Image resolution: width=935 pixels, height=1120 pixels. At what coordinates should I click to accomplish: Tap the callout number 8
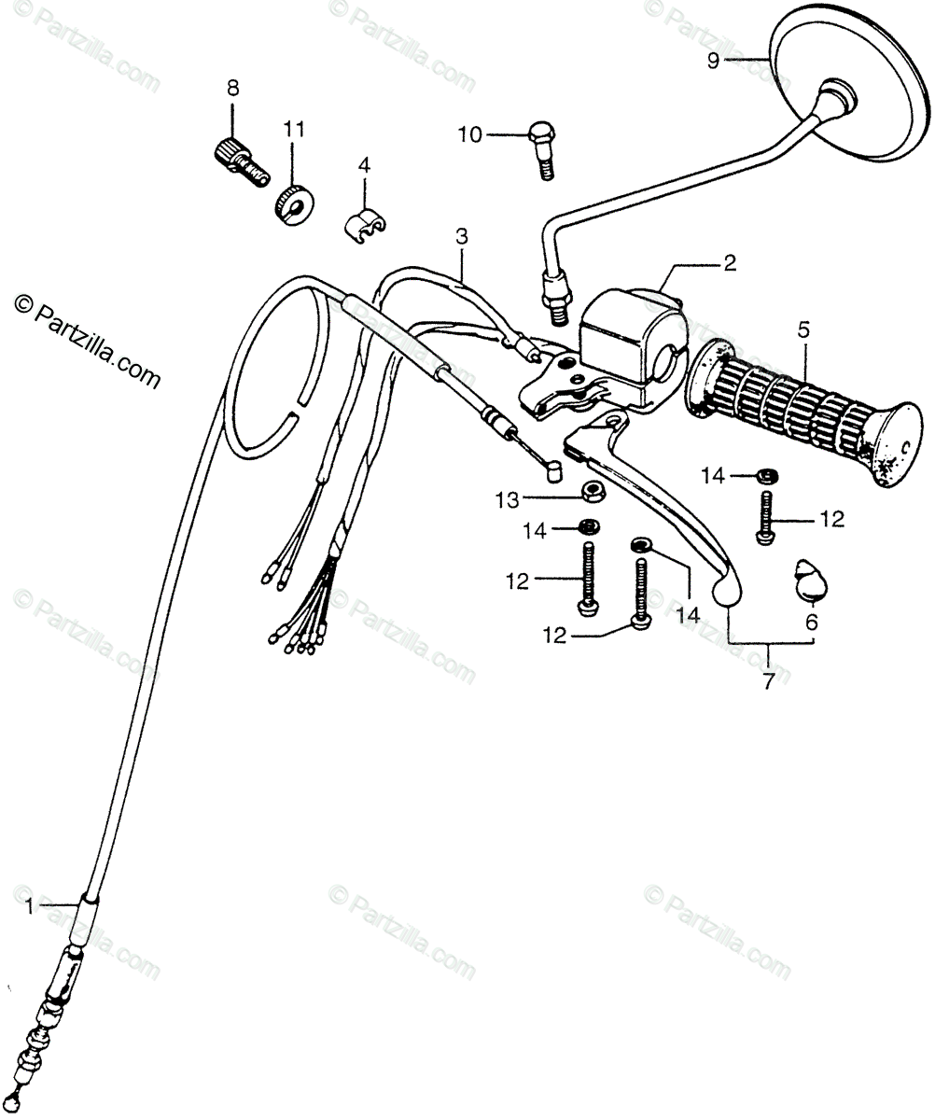[x=232, y=89]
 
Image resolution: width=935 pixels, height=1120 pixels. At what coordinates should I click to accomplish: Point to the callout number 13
[x=507, y=501]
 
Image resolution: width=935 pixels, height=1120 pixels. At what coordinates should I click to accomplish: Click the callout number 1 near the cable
[x=29, y=905]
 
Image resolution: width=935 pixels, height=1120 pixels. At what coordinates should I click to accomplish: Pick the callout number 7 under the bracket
[x=769, y=682]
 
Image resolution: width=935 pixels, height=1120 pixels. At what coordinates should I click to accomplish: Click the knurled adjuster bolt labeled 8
[x=238, y=159]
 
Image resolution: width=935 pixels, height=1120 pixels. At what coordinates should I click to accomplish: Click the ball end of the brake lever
[x=725, y=590]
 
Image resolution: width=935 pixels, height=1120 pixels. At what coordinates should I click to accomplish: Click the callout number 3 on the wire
[x=462, y=236]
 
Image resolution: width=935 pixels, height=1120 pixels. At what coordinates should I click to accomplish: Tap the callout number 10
[x=469, y=135]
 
